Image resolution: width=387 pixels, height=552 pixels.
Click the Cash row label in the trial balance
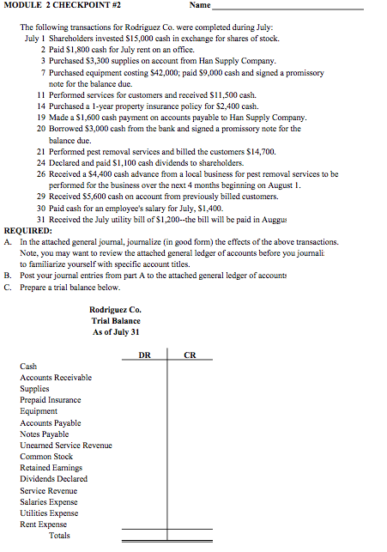click(29, 367)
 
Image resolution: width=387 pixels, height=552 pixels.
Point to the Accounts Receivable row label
click(56, 378)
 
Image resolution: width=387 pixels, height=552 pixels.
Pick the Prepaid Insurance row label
click(51, 400)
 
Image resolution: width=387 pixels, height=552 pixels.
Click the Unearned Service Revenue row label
click(66, 445)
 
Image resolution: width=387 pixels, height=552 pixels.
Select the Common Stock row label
click(46, 456)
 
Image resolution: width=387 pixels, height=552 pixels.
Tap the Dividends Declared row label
click(54, 479)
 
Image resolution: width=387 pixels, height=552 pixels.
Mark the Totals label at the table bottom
click(59, 536)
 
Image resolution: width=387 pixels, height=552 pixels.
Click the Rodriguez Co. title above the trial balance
click(115, 310)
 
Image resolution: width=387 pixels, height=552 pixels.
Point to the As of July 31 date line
click(115, 332)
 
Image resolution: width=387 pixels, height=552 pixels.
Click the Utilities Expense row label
click(50, 513)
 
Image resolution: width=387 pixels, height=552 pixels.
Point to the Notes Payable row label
click(45, 434)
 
